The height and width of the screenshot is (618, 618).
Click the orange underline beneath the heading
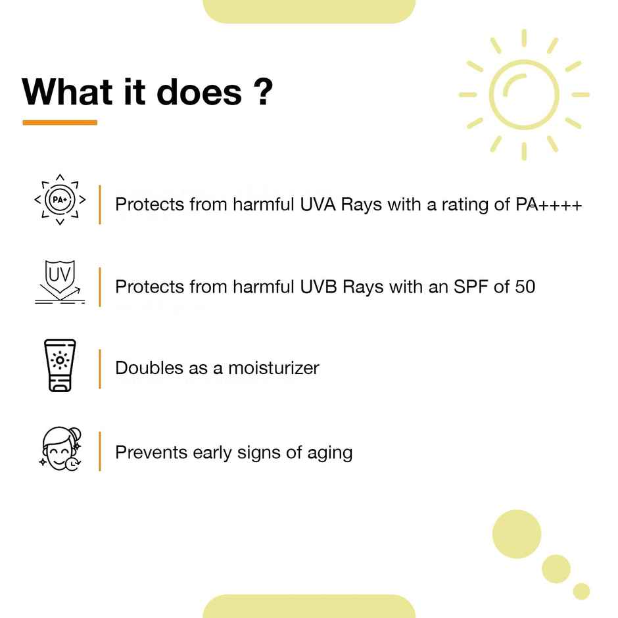[x=60, y=122]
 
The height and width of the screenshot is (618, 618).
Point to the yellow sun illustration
[x=524, y=95]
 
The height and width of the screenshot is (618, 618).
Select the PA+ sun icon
[x=60, y=200]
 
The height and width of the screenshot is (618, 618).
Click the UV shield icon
[x=60, y=281]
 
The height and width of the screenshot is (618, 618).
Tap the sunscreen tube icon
[x=60, y=366]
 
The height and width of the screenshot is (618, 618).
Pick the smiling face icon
[x=60, y=450]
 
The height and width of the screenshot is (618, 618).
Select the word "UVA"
[x=318, y=204]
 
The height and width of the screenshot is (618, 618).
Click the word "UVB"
[x=318, y=287]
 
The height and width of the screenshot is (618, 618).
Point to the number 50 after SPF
[x=525, y=287]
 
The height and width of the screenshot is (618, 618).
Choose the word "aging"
[x=329, y=453]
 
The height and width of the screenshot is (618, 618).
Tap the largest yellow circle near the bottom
[x=517, y=534]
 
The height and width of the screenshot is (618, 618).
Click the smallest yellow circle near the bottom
[x=581, y=591]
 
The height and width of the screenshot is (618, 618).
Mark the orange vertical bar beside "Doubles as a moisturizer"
[x=100, y=368]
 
